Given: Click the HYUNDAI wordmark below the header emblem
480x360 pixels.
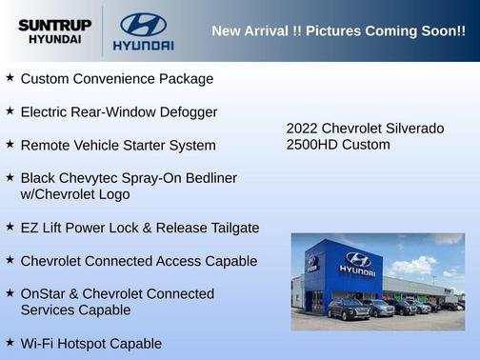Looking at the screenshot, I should pos(143,45).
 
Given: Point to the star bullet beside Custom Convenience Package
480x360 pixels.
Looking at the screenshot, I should pos(10,77).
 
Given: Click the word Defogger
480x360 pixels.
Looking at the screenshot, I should pos(187,111).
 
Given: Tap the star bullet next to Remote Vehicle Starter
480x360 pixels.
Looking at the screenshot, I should pos(10,144).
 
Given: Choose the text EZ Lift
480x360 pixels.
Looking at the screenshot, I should pos(42,228).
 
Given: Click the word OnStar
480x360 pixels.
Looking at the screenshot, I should pos(45,293).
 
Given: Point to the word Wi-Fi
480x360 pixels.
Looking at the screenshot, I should pos(38,344).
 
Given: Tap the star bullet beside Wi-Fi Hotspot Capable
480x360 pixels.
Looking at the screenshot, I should pos(10,342).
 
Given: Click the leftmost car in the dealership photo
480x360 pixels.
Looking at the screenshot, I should pos(348,309).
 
